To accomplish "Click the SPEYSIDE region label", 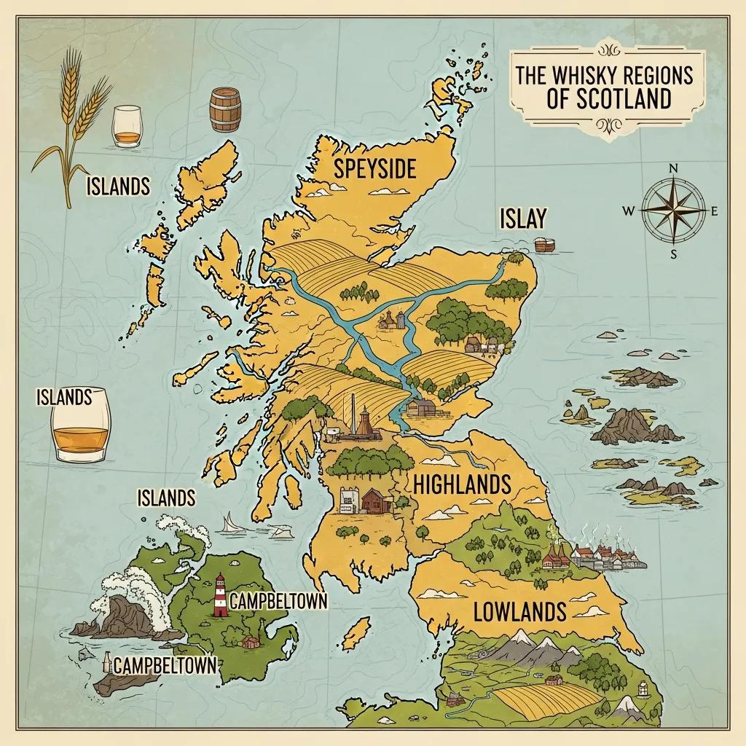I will tap(374, 169).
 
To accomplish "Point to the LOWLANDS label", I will tap(519, 611).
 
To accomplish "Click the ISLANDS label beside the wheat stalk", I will tap(117, 186).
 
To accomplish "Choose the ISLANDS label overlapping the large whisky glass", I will tap(65, 397).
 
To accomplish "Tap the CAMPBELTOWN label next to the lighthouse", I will tap(277, 601).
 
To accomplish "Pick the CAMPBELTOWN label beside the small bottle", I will tap(165, 665).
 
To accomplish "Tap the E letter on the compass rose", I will tap(714, 211).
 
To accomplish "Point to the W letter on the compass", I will tap(628, 211).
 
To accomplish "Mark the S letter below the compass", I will tap(673, 254).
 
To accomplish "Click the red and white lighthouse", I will tap(219, 595).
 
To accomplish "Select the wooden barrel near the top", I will tap(224, 110).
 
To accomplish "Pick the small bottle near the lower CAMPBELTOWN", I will tap(109, 661).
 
